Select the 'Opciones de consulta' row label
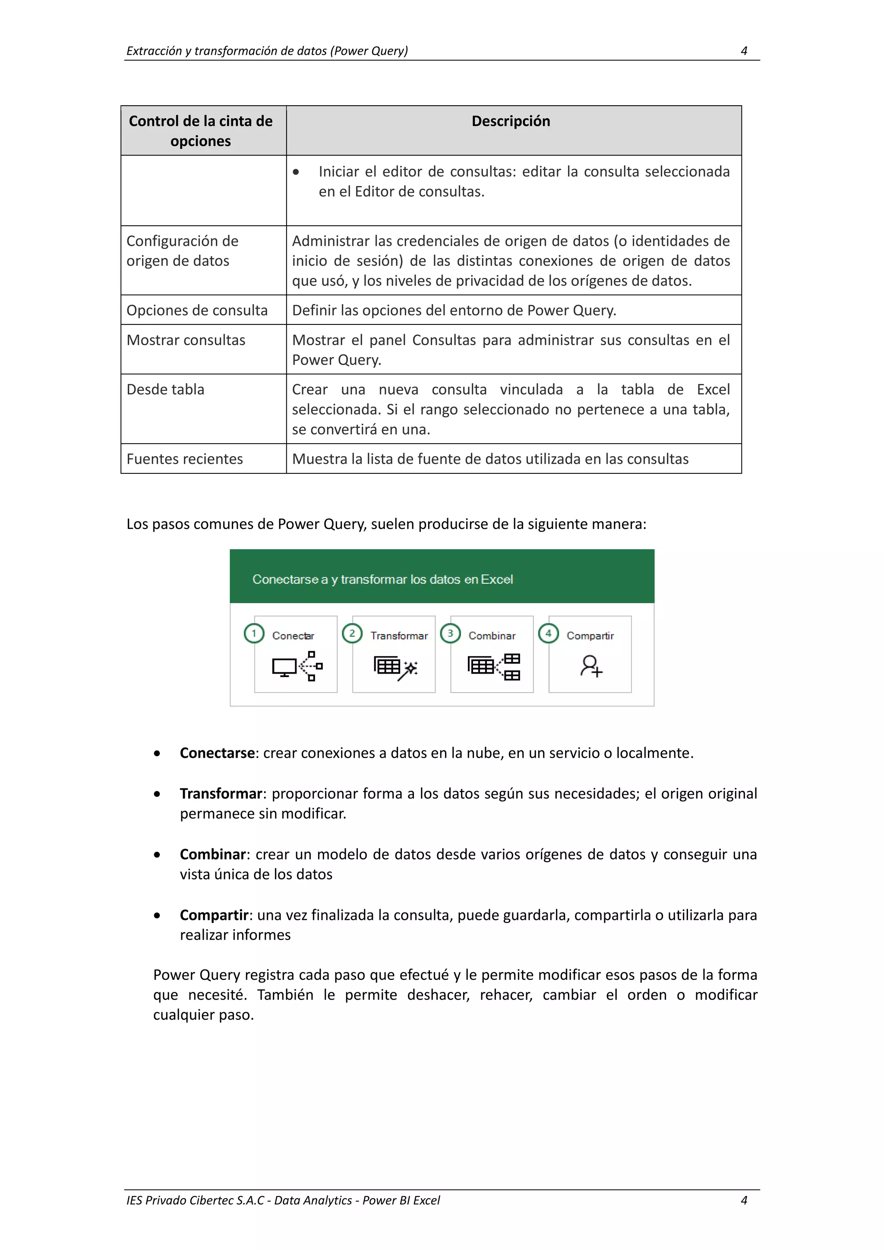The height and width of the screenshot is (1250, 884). [197, 310]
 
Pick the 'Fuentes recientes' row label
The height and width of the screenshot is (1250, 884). [184, 459]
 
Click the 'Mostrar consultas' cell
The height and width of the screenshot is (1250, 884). [186, 340]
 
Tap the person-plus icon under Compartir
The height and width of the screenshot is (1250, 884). [590, 666]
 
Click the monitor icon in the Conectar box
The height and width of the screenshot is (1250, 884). [284, 667]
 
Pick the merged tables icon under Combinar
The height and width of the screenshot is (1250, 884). [493, 666]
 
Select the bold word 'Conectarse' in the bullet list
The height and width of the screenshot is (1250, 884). [217, 753]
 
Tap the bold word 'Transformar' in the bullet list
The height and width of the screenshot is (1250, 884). [221, 794]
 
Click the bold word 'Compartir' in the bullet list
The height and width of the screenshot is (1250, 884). [214, 915]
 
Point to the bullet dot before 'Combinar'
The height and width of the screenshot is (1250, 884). [157, 855]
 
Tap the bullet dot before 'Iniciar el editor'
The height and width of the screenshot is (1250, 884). [296, 172]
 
